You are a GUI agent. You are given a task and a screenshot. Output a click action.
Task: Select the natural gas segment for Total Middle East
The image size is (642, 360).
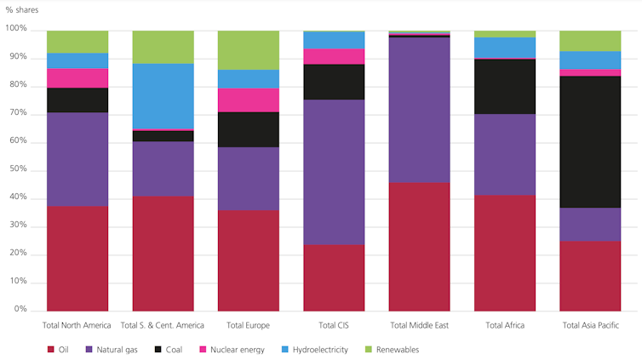[x=419, y=110]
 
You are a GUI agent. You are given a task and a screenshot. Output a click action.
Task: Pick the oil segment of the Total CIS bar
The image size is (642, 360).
[x=334, y=277]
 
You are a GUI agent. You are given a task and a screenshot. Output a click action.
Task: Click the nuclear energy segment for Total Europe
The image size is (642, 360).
[x=249, y=100]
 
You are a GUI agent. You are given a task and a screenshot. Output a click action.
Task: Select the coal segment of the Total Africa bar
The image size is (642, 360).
[x=505, y=86]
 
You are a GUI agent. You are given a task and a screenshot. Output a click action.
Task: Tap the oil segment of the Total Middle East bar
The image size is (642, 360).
[x=419, y=246]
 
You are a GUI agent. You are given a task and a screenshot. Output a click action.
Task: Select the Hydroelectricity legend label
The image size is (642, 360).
[x=320, y=350]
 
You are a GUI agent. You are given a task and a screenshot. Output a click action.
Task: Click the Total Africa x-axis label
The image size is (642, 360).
[x=505, y=325]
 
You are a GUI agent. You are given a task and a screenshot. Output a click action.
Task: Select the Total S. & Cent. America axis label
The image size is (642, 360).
[x=163, y=325]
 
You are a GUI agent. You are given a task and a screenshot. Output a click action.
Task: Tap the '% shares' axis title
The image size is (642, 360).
[x=21, y=9]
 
